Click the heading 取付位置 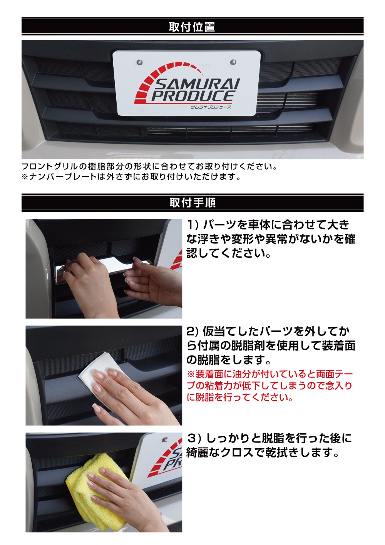[192, 27]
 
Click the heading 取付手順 [192, 203]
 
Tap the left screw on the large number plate [139, 62]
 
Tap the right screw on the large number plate [233, 62]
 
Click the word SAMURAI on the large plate [197, 84]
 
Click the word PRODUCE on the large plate [192, 96]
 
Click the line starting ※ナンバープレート [131, 177]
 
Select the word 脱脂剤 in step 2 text [248, 345]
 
